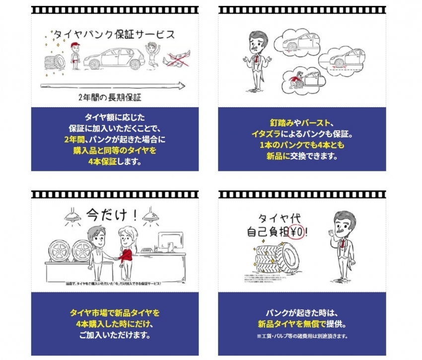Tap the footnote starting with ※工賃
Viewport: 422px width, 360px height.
[x=302, y=336]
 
